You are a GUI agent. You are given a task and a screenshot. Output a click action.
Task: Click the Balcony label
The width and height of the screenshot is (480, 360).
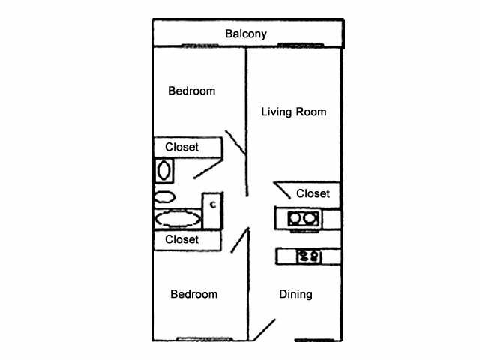[x=246, y=34]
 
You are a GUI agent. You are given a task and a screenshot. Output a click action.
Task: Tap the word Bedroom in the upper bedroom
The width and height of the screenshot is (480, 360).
[x=191, y=91]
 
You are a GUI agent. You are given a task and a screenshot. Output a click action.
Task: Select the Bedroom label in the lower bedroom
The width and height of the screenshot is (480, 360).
[x=193, y=294]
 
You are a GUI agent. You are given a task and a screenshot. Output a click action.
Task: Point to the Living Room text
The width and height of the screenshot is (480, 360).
[x=293, y=112]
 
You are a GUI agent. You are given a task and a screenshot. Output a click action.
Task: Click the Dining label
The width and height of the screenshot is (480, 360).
[x=295, y=294]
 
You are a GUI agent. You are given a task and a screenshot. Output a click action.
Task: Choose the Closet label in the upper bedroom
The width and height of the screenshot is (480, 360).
[x=182, y=147]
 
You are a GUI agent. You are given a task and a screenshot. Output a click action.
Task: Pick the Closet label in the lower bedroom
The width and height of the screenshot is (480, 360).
[x=182, y=239]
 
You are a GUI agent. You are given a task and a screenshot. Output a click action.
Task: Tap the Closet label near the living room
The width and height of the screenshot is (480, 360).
[x=313, y=193]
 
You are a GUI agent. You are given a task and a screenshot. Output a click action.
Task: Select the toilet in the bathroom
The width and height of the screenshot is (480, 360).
[x=164, y=197]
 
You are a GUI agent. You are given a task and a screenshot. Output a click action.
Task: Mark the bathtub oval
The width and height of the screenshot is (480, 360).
[x=178, y=219]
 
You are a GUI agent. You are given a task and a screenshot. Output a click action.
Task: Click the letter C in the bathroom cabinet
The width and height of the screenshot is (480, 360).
[x=213, y=202]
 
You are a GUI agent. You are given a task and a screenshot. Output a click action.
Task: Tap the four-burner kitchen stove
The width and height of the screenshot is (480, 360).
[x=307, y=256]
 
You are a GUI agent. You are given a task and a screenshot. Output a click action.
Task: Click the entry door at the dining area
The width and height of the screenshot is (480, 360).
[x=264, y=328]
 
